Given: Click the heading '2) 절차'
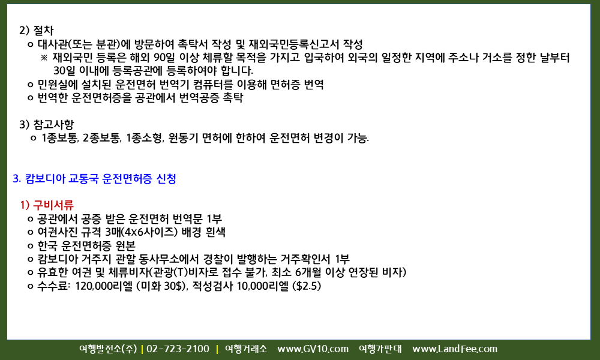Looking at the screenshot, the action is tap(37, 30).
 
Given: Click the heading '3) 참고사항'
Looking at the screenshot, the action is tap(46, 124).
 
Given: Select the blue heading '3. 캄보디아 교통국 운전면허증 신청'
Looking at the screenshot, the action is tap(95, 179).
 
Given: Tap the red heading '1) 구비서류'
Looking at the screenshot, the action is tap(47, 205).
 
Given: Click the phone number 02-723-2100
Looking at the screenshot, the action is tap(178, 349).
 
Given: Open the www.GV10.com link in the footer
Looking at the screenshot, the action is tap(313, 349).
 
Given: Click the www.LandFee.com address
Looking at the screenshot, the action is tap(455, 349).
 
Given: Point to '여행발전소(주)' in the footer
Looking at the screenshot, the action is tap(108, 349).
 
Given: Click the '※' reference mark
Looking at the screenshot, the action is tap(44, 58).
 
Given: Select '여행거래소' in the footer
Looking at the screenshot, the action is tap(245, 349).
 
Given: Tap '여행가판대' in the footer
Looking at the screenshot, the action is tap(380, 349).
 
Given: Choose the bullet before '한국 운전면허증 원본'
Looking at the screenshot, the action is tap(30, 246).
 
